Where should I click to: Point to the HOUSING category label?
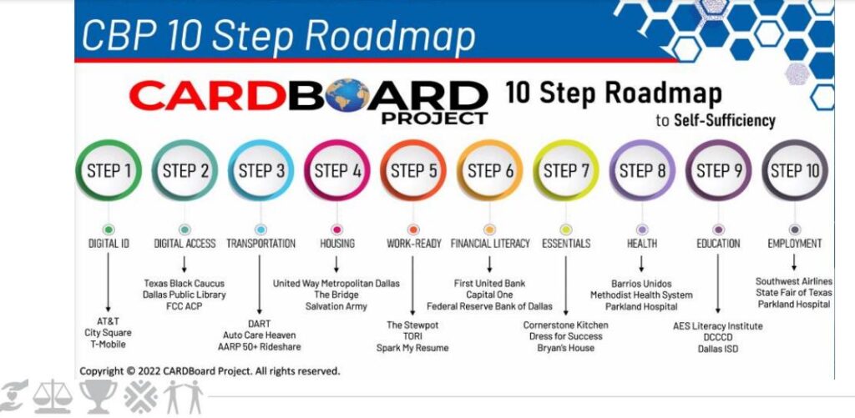(x=337, y=244)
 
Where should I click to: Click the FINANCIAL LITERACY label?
(x=489, y=244)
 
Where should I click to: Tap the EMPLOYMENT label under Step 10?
(x=795, y=244)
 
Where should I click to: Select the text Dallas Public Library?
(x=185, y=295)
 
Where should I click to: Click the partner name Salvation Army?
(x=336, y=306)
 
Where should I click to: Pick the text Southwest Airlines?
(x=794, y=281)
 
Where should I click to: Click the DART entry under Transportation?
(x=259, y=324)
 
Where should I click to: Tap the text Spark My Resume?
(x=412, y=348)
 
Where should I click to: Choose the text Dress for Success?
(x=565, y=336)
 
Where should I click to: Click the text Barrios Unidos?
(x=641, y=284)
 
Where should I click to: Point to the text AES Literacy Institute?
(x=717, y=326)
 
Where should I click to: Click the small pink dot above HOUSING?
(x=337, y=229)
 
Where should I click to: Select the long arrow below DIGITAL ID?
(x=108, y=282)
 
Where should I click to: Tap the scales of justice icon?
(x=52, y=396)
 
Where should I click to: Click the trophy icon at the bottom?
(x=99, y=396)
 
